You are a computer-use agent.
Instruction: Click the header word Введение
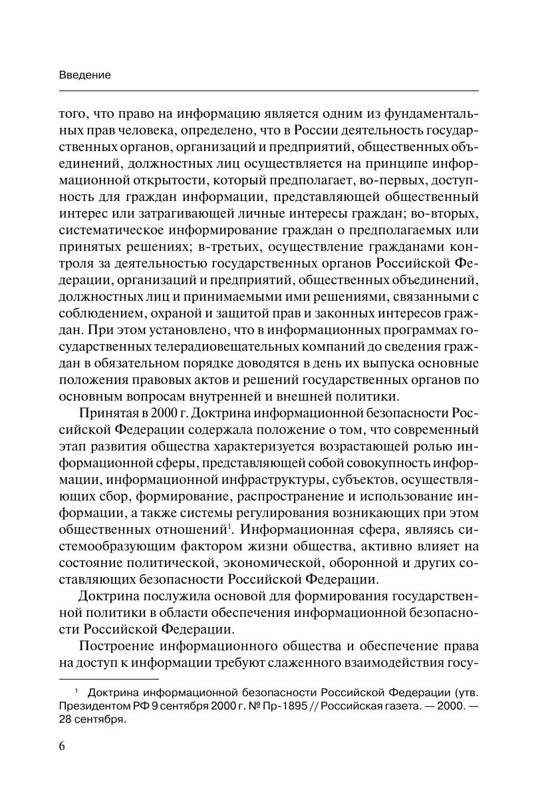coord(84,75)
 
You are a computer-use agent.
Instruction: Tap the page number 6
coord(63,745)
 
